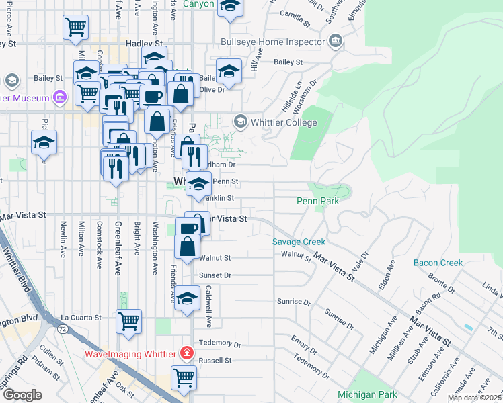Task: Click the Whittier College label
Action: (283, 123)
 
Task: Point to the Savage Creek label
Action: (299, 242)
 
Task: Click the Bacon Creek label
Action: (438, 263)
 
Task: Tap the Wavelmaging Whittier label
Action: (128, 354)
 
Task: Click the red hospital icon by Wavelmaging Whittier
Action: (186, 353)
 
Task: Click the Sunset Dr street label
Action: (215, 275)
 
